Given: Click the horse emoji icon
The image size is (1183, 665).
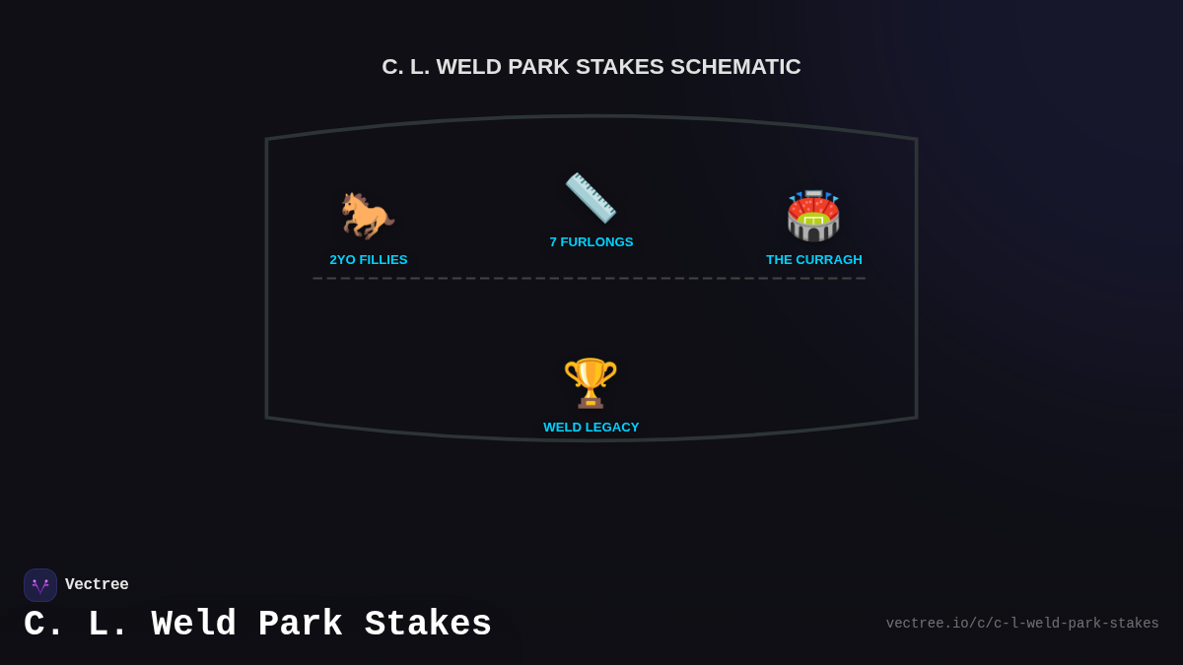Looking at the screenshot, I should coord(367,215).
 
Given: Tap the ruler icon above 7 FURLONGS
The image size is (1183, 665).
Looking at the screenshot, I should coord(591,197).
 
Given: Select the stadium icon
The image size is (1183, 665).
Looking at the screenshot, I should coord(813,216).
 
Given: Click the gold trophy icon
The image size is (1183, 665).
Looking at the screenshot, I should coord(591,382).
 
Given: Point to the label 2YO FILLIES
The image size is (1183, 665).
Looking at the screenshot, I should coord(369,260).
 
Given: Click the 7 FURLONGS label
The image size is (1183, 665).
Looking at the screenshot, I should coord(591,242).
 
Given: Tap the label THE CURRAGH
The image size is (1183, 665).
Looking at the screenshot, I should coord(814,260).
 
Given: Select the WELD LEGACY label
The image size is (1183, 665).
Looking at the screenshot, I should coord(591,428).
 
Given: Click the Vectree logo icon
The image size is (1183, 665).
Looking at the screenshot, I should coord(40,585).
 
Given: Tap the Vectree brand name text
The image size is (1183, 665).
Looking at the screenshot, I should coord(97,585).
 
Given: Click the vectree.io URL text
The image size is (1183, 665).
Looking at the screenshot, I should coord(1022,624).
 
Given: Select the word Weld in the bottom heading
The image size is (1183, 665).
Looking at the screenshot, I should coord(193,625).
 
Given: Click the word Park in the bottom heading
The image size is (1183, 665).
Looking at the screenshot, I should coord(300,625).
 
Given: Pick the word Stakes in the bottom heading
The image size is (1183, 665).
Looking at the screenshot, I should coord(428,625).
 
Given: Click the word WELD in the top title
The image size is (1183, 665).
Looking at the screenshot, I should coord(469,67).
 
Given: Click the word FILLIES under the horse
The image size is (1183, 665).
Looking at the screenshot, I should coord(383,260).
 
